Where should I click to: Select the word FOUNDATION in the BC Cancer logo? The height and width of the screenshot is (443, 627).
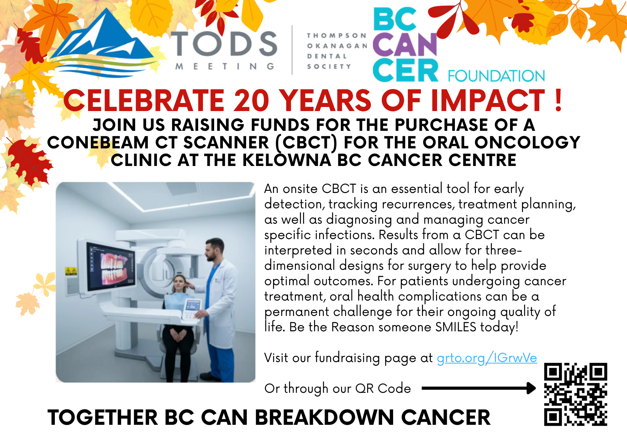(x=496, y=76)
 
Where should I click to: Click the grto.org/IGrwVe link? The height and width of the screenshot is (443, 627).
(x=487, y=358)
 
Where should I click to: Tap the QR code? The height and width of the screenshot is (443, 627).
(x=576, y=394)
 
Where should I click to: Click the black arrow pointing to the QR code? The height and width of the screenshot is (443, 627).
(x=479, y=388)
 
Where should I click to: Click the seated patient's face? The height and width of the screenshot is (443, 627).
(x=179, y=284)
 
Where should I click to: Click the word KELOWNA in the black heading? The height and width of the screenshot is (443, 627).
(x=287, y=160)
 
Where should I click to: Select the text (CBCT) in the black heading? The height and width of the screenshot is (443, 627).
(x=306, y=143)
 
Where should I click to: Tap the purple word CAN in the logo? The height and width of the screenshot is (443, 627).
(x=405, y=45)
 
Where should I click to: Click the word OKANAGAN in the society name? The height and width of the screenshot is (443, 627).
(x=337, y=46)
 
